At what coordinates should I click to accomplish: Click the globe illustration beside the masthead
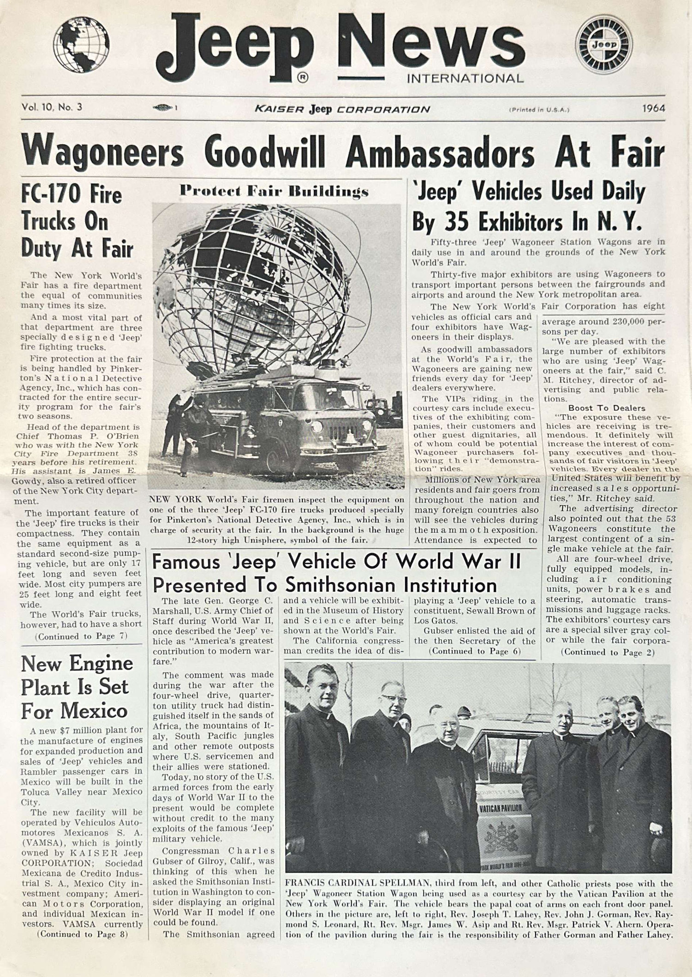pyautogui.click(x=81, y=47)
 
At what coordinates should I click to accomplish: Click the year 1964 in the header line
pyautogui.click(x=653, y=108)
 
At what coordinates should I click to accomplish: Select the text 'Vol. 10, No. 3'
pyautogui.click(x=52, y=107)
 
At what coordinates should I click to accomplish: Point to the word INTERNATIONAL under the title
pyautogui.click(x=465, y=78)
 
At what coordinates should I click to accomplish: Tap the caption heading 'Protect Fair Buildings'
pyautogui.click(x=274, y=191)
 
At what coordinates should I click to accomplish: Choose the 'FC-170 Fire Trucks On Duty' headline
pyautogui.click(x=77, y=222)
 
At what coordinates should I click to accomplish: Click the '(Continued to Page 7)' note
pyautogui.click(x=81, y=636)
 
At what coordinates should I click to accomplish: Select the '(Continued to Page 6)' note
pyautogui.click(x=475, y=651)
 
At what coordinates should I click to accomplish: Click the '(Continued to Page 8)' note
pyautogui.click(x=83, y=934)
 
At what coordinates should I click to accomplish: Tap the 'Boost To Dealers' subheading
pyautogui.click(x=607, y=408)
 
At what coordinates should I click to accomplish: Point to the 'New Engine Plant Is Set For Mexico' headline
pyautogui.click(x=77, y=687)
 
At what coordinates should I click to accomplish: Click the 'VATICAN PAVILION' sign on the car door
pyautogui.click(x=501, y=808)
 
